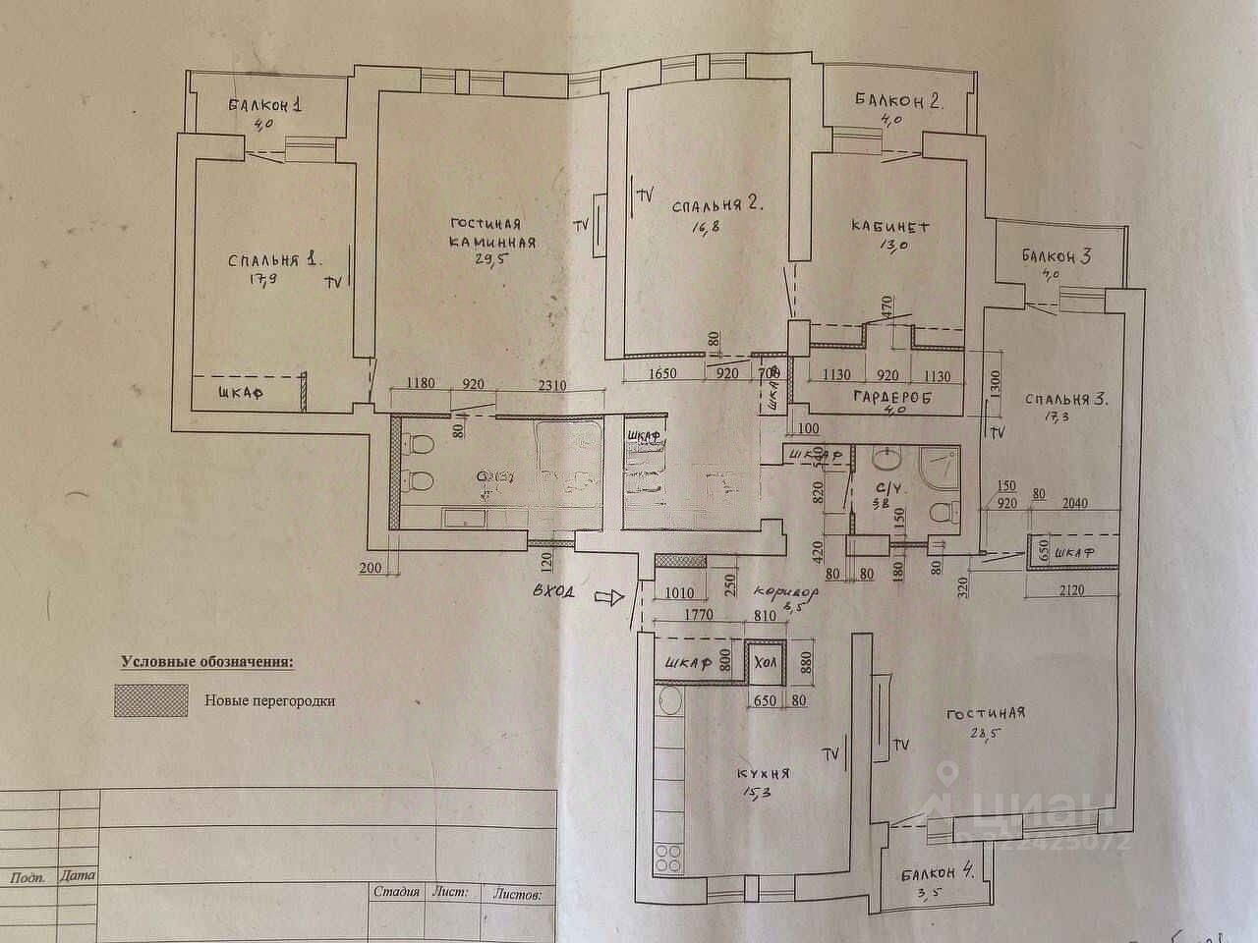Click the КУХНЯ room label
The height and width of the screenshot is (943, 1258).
(762, 773)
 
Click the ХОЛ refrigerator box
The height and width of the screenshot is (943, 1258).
(765, 664)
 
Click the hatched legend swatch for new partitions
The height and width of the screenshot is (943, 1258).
(151, 700)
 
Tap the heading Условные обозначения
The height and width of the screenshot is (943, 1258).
(206, 662)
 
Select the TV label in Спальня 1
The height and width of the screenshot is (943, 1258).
(334, 281)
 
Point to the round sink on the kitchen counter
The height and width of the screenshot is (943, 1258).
(670, 700)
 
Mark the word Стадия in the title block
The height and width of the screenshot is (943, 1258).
(397, 893)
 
